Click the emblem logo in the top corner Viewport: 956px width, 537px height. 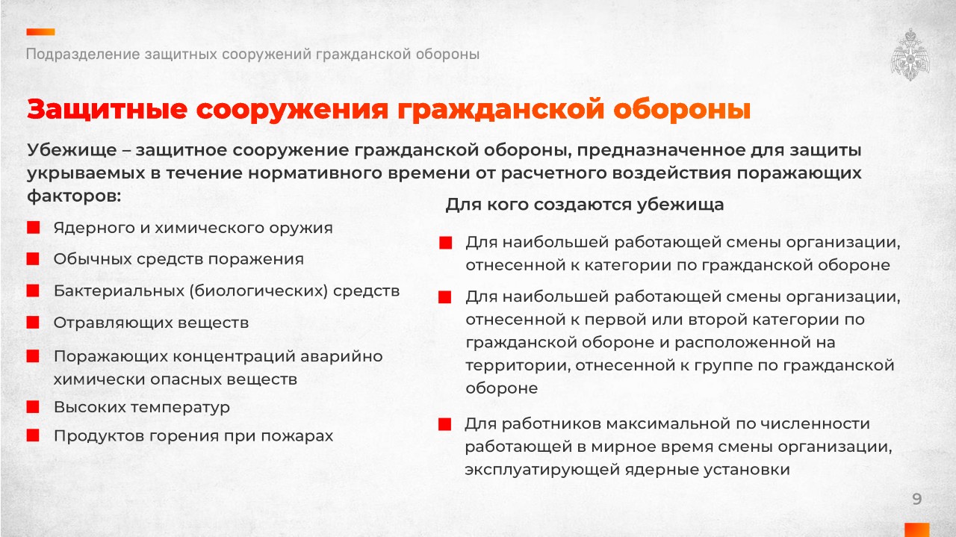coord(910,55)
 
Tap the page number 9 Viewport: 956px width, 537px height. coord(916,499)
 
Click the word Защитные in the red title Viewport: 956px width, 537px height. coord(107,109)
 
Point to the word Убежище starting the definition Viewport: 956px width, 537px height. coord(72,150)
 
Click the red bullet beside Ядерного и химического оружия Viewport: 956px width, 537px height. coord(34,228)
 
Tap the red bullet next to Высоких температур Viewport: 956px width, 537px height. coord(33,407)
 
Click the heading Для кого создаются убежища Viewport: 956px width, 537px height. coord(585,205)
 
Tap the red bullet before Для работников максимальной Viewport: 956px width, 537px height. coord(444,424)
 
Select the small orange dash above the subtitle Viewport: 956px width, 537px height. coord(40,32)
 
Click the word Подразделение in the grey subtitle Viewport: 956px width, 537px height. coord(83,55)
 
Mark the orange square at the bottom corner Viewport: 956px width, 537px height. coord(916,530)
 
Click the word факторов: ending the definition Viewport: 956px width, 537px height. coord(74,196)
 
